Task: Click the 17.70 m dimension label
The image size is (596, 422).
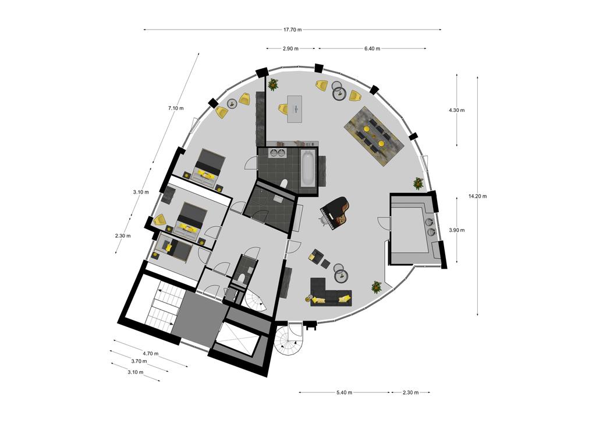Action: [x=292, y=30]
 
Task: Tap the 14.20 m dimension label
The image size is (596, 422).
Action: [x=477, y=196]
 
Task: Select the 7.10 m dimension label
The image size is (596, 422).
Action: [x=176, y=108]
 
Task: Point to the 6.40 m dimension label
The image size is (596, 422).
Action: [x=372, y=49]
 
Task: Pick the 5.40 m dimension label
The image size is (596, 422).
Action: [x=344, y=393]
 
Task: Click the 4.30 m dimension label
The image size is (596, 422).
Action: [x=456, y=110]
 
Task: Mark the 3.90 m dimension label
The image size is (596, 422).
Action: [x=456, y=230]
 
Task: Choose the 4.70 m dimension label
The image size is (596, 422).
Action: [x=151, y=353]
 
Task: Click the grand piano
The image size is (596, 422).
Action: [x=335, y=212]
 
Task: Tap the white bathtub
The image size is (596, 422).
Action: [x=307, y=167]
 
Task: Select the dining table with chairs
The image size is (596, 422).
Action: [x=373, y=135]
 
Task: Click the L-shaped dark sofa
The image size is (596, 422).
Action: [x=330, y=292]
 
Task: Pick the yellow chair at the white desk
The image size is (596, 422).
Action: [x=283, y=109]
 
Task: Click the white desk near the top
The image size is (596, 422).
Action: [x=295, y=109]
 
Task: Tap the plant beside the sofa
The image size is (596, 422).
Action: [x=377, y=287]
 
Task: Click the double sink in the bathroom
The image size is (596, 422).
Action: [x=277, y=153]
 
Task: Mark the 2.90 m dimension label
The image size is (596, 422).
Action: [x=290, y=49]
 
